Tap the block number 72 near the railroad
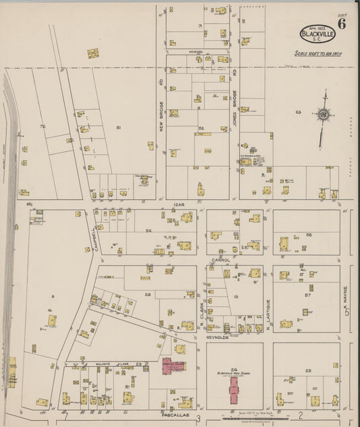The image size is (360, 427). point(42,126)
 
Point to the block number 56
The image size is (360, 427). point(309,234)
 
